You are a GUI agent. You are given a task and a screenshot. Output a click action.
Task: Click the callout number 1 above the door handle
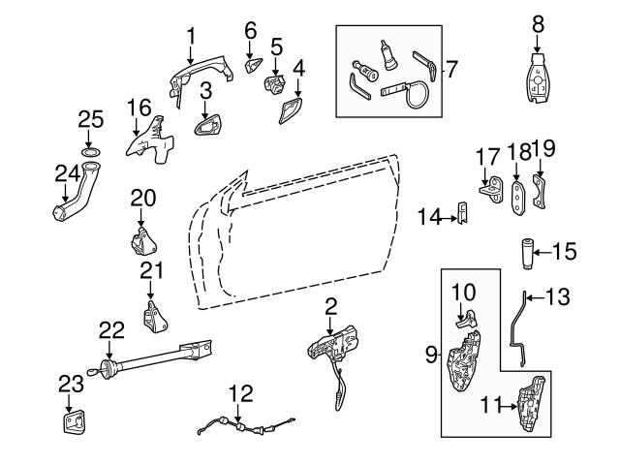click(x=190, y=36)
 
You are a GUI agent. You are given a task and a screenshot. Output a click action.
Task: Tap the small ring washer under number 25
click(x=90, y=153)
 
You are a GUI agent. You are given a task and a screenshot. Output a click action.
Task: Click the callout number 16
click(x=139, y=107)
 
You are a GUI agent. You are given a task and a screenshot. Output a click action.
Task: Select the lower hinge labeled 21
click(x=150, y=316)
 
